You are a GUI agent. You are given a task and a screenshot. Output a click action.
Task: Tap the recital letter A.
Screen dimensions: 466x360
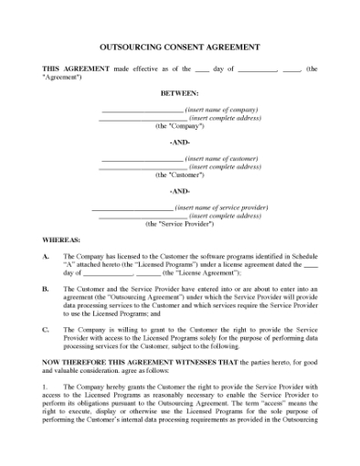(x=46, y=257)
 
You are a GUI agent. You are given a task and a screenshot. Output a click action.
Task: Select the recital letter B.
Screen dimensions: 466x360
(x=46, y=288)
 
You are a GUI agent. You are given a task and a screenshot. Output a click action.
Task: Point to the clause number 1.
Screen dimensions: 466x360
(x=46, y=385)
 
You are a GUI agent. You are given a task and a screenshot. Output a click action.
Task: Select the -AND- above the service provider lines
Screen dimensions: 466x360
(x=179, y=191)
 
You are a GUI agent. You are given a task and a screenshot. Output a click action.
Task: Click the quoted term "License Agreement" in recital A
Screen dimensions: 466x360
(x=208, y=273)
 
